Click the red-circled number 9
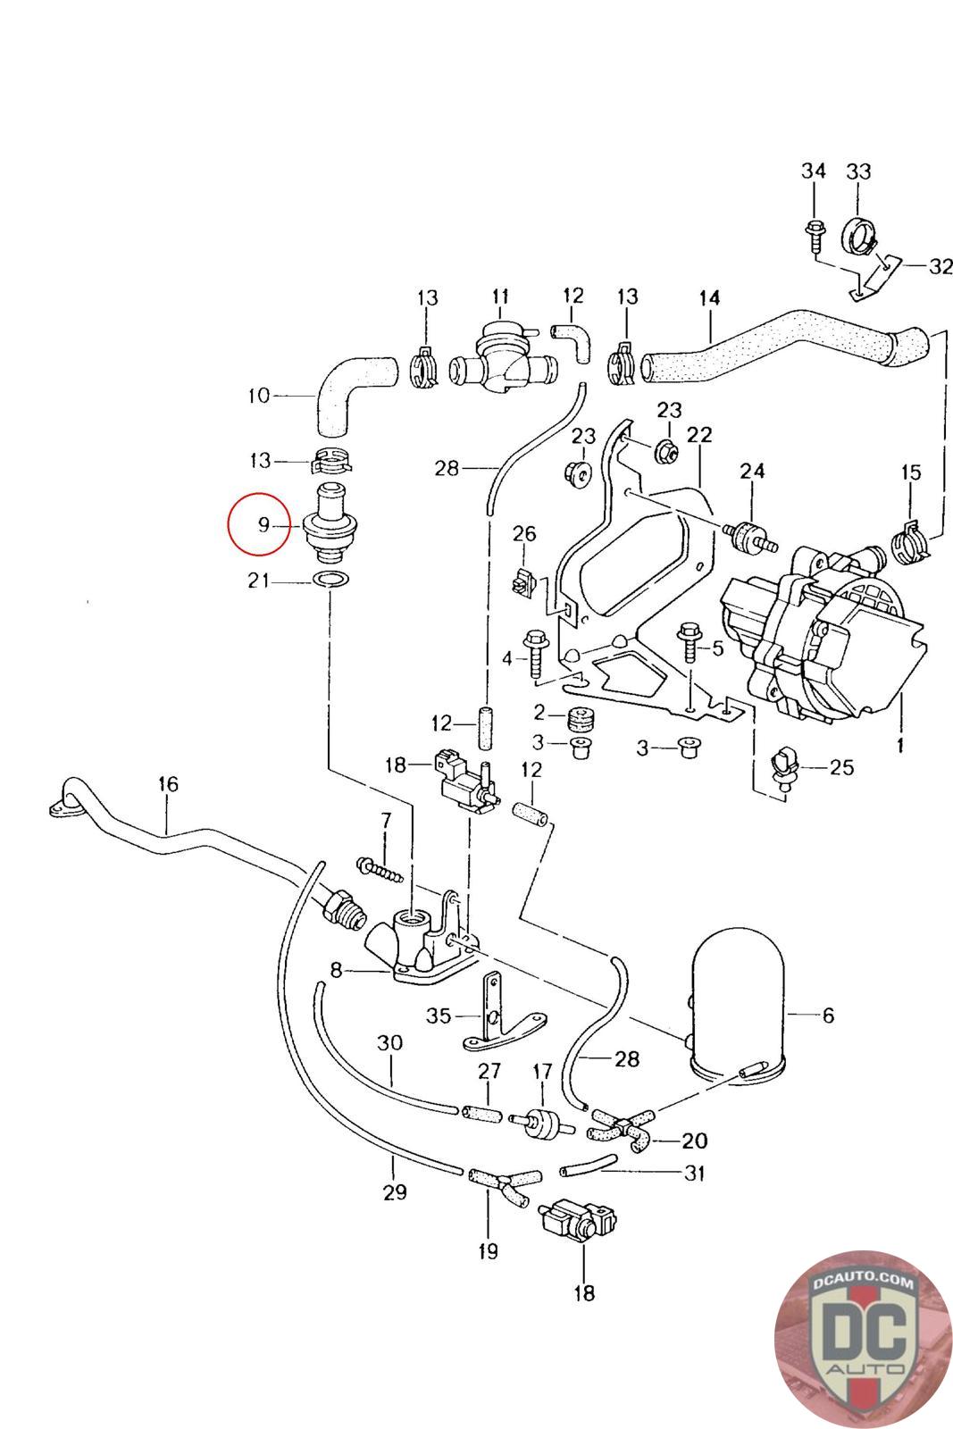[x=263, y=525]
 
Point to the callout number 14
[x=710, y=298]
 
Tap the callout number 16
[x=169, y=784]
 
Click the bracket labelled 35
[x=504, y=1015]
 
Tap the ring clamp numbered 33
[x=860, y=235]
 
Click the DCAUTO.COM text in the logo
[x=863, y=1283]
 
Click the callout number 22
[x=699, y=435]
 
